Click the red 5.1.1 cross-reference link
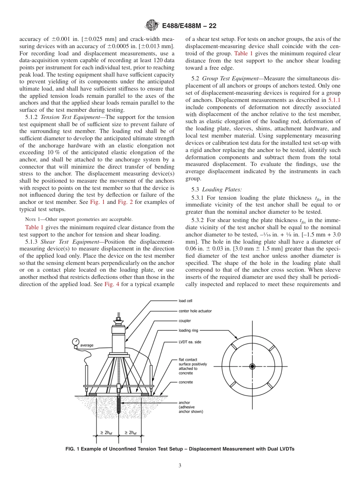(x=334, y=100)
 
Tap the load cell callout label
(x=185, y=301)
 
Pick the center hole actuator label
(x=195, y=311)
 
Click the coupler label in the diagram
(x=185, y=321)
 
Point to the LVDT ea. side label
(x=190, y=342)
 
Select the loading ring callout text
(x=188, y=330)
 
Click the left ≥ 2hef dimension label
(x=106, y=433)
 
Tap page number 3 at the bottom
(x=180, y=466)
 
